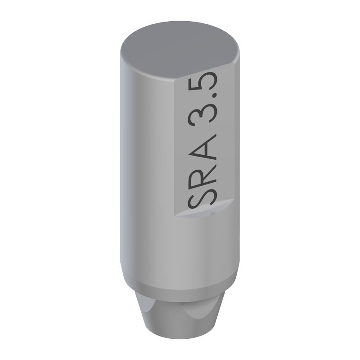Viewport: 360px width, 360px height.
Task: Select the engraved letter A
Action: coord(202,148)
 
